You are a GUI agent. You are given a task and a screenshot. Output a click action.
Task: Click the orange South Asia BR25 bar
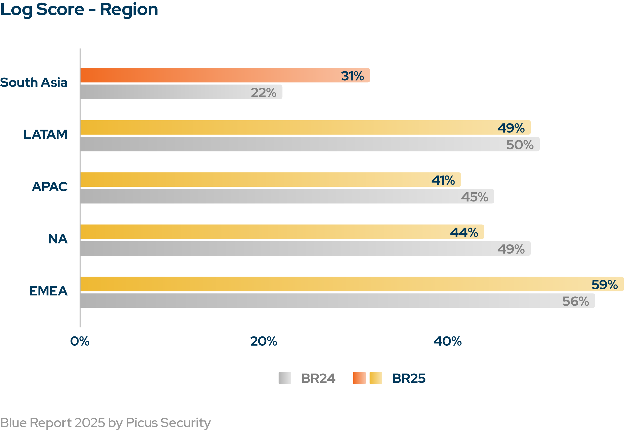(x=210, y=75)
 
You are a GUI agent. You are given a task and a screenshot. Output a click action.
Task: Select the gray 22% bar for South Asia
(x=167, y=92)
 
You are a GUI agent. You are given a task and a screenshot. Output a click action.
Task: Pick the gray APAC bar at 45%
(x=269, y=196)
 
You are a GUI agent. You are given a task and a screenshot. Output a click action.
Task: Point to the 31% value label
(x=352, y=76)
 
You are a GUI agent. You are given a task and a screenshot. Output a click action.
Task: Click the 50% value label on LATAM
(x=520, y=145)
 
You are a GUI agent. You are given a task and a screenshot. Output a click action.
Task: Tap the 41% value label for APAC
(x=443, y=180)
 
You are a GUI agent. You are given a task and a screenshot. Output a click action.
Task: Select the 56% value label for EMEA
(x=576, y=301)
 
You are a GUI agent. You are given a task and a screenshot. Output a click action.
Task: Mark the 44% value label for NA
(x=464, y=233)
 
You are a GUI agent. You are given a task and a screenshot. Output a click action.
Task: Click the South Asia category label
(x=34, y=82)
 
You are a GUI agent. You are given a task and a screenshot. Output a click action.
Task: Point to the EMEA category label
(x=48, y=291)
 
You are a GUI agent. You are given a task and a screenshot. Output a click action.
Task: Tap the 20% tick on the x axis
(x=263, y=341)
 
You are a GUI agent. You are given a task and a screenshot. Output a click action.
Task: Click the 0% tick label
(x=80, y=341)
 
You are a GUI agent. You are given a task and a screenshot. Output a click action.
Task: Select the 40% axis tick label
(x=447, y=341)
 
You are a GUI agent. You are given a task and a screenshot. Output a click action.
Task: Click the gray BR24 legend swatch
(x=285, y=378)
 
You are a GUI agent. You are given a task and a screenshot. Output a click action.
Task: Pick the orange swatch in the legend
(x=359, y=378)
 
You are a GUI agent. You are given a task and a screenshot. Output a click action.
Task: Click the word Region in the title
(x=129, y=10)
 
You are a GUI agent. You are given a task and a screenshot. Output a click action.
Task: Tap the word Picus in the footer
(x=142, y=423)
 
